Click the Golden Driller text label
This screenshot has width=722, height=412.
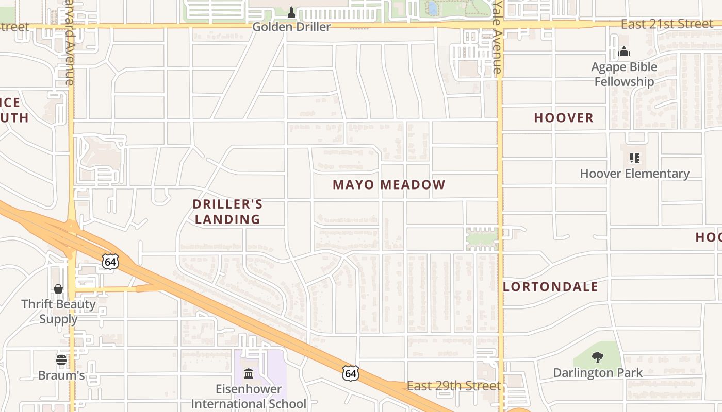click(291, 27)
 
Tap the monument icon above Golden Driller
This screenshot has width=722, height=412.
click(291, 12)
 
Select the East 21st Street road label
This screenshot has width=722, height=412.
click(667, 24)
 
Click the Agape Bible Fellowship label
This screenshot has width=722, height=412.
click(624, 74)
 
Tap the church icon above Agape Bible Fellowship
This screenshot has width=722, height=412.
click(624, 51)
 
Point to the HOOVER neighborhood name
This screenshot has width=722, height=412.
click(564, 118)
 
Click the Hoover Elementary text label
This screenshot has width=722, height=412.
click(634, 174)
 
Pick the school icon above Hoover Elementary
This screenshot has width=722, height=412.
click(634, 158)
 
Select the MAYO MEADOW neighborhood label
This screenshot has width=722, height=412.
click(389, 185)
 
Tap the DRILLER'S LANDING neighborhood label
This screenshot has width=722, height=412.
click(227, 212)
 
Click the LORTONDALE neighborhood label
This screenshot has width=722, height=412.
click(550, 287)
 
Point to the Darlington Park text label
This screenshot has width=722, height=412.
click(598, 373)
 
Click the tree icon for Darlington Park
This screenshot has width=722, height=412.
click(598, 357)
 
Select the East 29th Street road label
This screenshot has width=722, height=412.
click(454, 386)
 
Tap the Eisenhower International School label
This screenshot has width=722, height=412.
click(249, 396)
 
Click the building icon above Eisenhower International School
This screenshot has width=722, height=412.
click(249, 373)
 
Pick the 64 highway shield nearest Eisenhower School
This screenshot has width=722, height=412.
click(351, 373)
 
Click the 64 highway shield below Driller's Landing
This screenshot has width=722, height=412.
click(110, 262)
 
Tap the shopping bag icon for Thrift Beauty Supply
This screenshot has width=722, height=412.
click(58, 289)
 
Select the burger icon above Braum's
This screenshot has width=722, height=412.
click(61, 359)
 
